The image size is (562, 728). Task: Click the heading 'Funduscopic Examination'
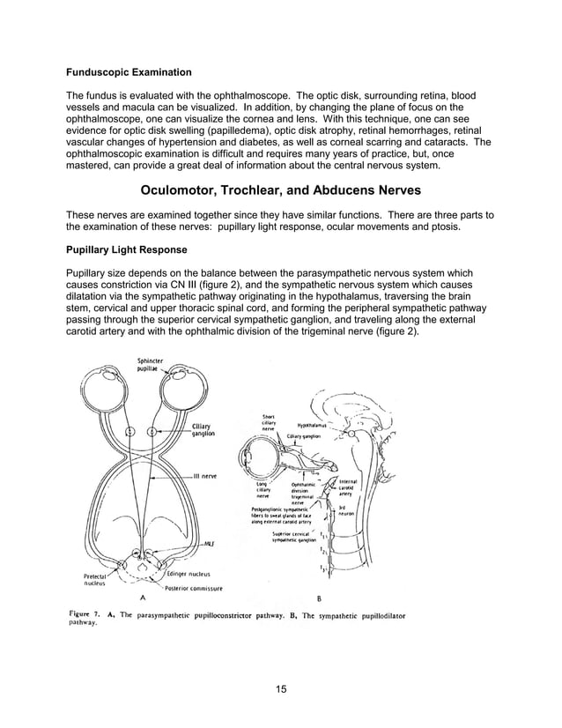coord(129,71)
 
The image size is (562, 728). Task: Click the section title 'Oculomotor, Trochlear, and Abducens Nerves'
coord(280,190)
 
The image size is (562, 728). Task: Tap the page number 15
coord(280,688)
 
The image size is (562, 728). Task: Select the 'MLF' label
coord(210,544)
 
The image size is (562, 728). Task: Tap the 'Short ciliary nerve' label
coord(270,424)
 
